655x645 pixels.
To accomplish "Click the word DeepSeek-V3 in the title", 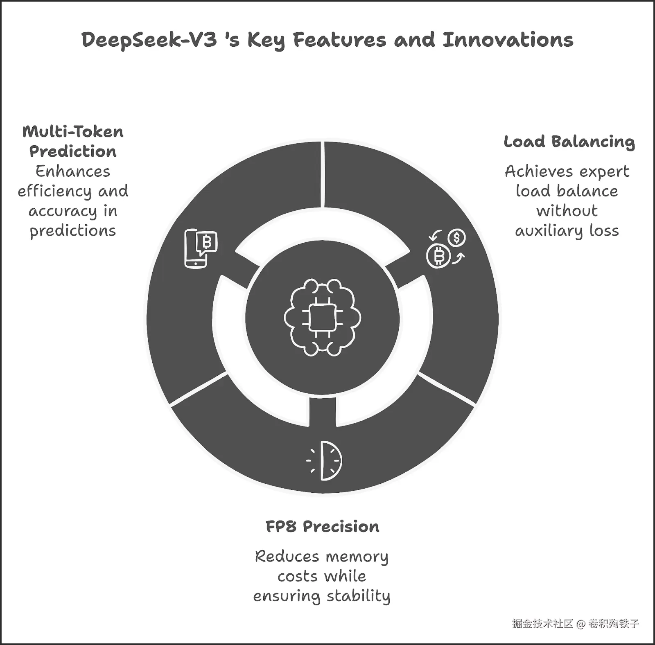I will coord(149,41).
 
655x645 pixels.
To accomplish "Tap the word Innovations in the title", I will coord(508,40).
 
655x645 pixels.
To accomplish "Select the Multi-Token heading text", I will coord(73,132).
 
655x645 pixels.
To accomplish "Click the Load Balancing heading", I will coord(569,142).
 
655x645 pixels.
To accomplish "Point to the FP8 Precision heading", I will coord(323,526).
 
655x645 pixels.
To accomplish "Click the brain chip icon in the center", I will coord(323,318).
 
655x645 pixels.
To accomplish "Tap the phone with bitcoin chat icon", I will coord(201,248).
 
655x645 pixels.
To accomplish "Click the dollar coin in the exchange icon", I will coord(456,238).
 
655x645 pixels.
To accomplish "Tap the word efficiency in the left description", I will coord(54,192).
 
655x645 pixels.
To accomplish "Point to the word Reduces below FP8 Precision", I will coord(287,557).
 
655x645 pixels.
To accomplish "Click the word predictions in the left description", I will coord(73,231).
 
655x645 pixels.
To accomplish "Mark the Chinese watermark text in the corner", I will coord(575,624).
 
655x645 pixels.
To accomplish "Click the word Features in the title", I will coord(340,40).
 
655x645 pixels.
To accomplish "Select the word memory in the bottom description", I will coord(357,557).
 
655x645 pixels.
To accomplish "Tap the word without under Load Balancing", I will coord(567,211).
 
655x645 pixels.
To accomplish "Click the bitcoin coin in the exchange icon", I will coord(438,257).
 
